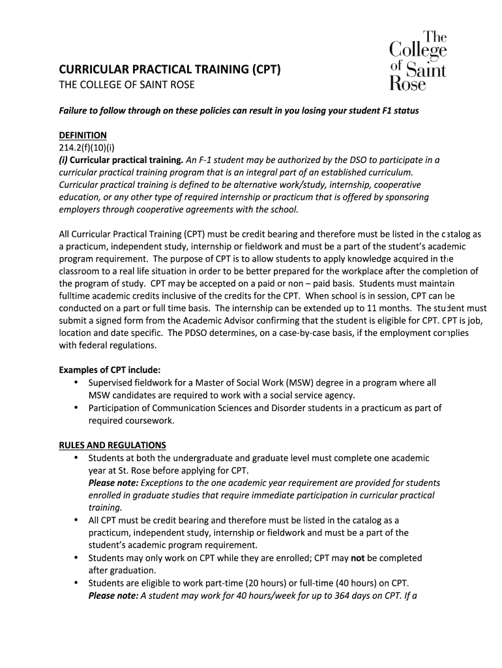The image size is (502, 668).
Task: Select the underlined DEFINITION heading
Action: click(x=83, y=135)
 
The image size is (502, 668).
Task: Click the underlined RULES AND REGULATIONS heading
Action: click(x=112, y=445)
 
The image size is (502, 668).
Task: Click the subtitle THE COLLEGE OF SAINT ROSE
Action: click(x=126, y=85)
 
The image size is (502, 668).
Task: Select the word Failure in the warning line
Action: click(x=76, y=110)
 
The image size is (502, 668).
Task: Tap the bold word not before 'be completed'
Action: click(x=357, y=558)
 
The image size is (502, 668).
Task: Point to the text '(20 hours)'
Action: click(x=265, y=583)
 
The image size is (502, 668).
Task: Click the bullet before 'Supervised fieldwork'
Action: click(x=76, y=383)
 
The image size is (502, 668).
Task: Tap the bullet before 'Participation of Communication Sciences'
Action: click(x=76, y=408)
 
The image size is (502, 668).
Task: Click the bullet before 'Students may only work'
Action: click(x=76, y=558)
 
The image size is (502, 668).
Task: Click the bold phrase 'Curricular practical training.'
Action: click(x=126, y=160)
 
